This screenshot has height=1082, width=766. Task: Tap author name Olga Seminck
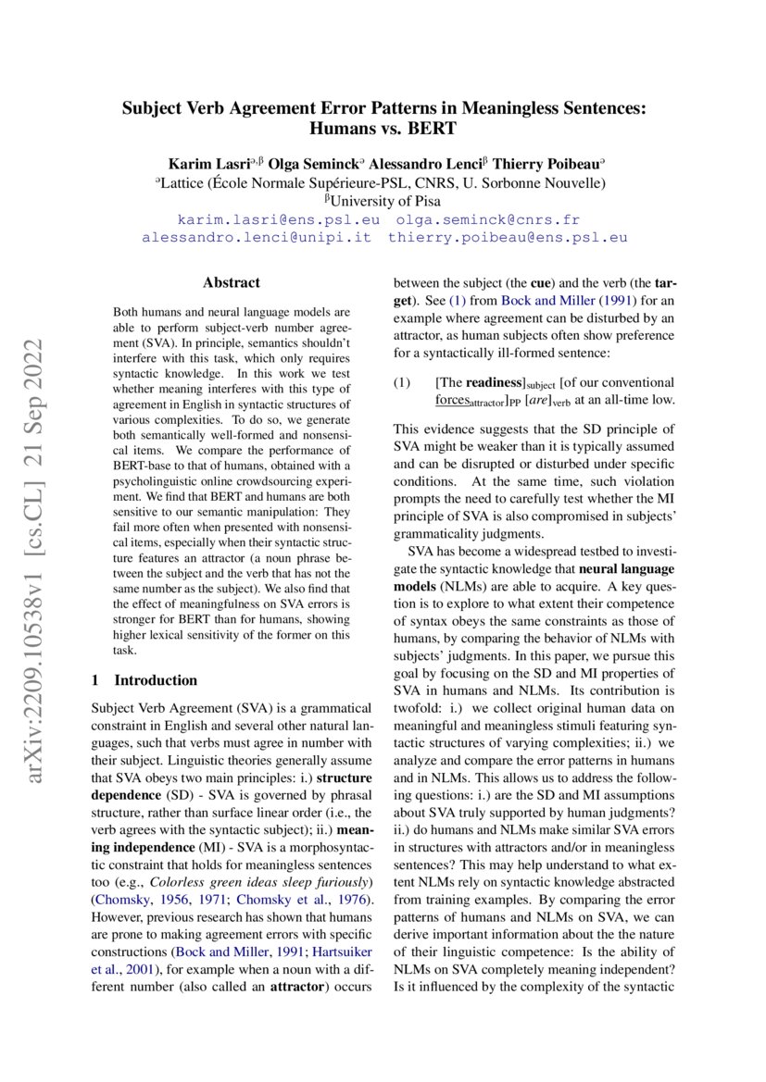point(313,164)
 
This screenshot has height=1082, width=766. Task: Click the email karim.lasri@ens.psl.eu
point(278,219)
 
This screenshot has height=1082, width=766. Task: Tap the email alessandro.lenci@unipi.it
point(257,237)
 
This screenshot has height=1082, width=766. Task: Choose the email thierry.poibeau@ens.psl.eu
point(508,237)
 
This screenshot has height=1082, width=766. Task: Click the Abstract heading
point(232,283)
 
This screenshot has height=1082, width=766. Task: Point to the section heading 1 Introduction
point(145,654)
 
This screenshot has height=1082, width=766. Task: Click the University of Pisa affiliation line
point(383,200)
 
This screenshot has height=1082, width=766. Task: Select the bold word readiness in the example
point(495,382)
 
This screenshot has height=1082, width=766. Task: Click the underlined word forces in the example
point(452,400)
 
